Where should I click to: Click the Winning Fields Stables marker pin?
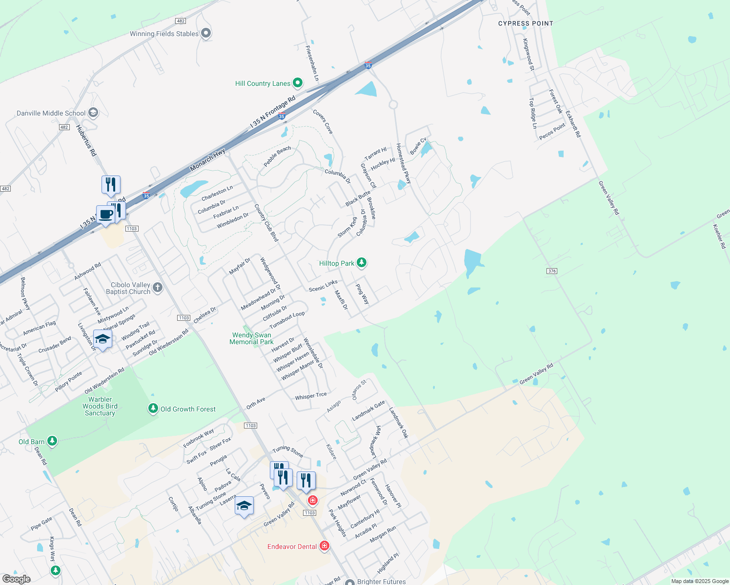tap(206, 33)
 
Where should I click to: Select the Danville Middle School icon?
tap(93, 113)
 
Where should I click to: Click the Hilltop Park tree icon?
tap(362, 263)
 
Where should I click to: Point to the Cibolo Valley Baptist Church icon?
tap(158, 287)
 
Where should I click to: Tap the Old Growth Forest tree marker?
tap(153, 409)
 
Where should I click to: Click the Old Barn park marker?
tap(52, 441)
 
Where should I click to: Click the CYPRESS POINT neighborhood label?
tap(526, 23)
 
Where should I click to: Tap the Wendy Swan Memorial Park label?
tap(252, 338)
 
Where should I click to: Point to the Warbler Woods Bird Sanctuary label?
tap(100, 406)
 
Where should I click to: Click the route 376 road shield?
tap(552, 271)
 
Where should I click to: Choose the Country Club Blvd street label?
tap(266, 223)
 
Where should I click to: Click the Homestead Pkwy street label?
tap(404, 163)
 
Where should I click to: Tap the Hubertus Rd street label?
tap(86, 140)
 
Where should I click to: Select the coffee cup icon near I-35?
tap(105, 214)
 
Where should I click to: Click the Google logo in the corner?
tap(17, 579)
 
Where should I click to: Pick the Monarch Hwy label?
tap(208, 160)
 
